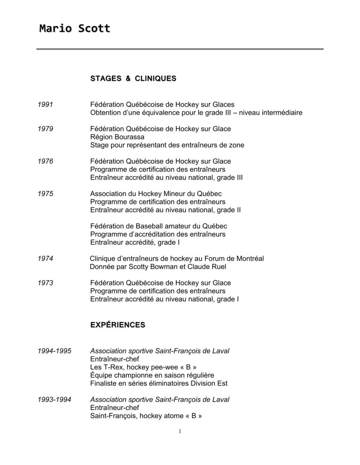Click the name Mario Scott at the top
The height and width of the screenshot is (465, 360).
point(75,29)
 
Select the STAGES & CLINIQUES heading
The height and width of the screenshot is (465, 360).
point(133,79)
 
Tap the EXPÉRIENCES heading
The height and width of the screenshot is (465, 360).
point(118,325)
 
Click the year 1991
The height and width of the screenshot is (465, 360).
point(45,104)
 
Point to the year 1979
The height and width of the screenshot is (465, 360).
point(45,129)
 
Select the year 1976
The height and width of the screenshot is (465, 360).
point(45,161)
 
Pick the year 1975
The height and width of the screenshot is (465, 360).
point(45,193)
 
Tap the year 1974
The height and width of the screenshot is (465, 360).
point(45,258)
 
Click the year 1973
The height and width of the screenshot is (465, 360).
point(45,283)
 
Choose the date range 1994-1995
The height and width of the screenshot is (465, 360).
point(55,351)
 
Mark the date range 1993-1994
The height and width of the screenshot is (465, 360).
point(55,400)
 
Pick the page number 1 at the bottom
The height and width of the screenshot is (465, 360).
point(180,431)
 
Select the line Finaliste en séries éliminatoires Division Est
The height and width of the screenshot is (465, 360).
point(159,383)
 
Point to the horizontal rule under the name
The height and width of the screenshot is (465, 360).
point(180,49)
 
